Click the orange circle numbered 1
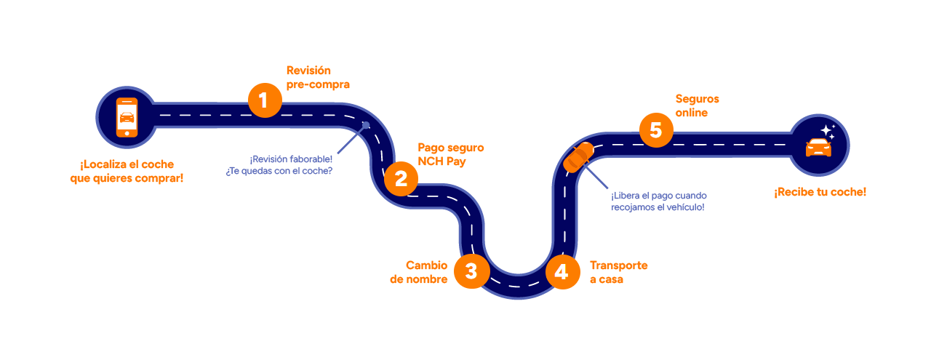(264, 100)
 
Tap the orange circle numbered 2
(401, 178)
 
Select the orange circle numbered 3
(471, 271)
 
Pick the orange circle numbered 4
(561, 272)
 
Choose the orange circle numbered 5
(656, 131)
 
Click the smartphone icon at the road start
(127, 116)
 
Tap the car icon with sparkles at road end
(818, 145)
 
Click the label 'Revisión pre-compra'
(318, 77)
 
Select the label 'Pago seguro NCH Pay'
(450, 154)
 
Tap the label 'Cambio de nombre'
(419, 272)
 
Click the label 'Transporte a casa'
(618, 272)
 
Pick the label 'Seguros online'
(697, 105)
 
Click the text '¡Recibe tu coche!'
(820, 192)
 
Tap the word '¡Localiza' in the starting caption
(104, 164)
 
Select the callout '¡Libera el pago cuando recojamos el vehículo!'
(658, 201)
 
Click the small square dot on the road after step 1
(367, 125)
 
